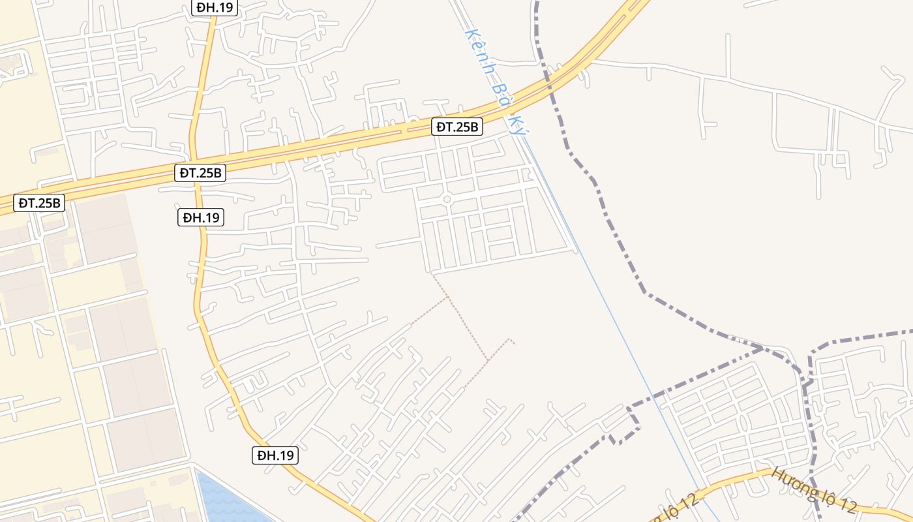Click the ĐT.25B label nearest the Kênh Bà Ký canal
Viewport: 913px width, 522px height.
click(456, 127)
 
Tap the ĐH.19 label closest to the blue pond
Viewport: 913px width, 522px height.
click(275, 455)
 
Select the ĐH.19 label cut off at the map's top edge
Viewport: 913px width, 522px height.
click(215, 7)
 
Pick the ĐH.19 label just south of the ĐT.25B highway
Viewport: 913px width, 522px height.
click(201, 217)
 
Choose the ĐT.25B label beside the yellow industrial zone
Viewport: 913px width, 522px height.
click(40, 203)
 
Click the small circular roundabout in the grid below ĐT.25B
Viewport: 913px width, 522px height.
click(447, 199)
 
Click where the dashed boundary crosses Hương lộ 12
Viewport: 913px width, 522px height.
click(815, 491)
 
